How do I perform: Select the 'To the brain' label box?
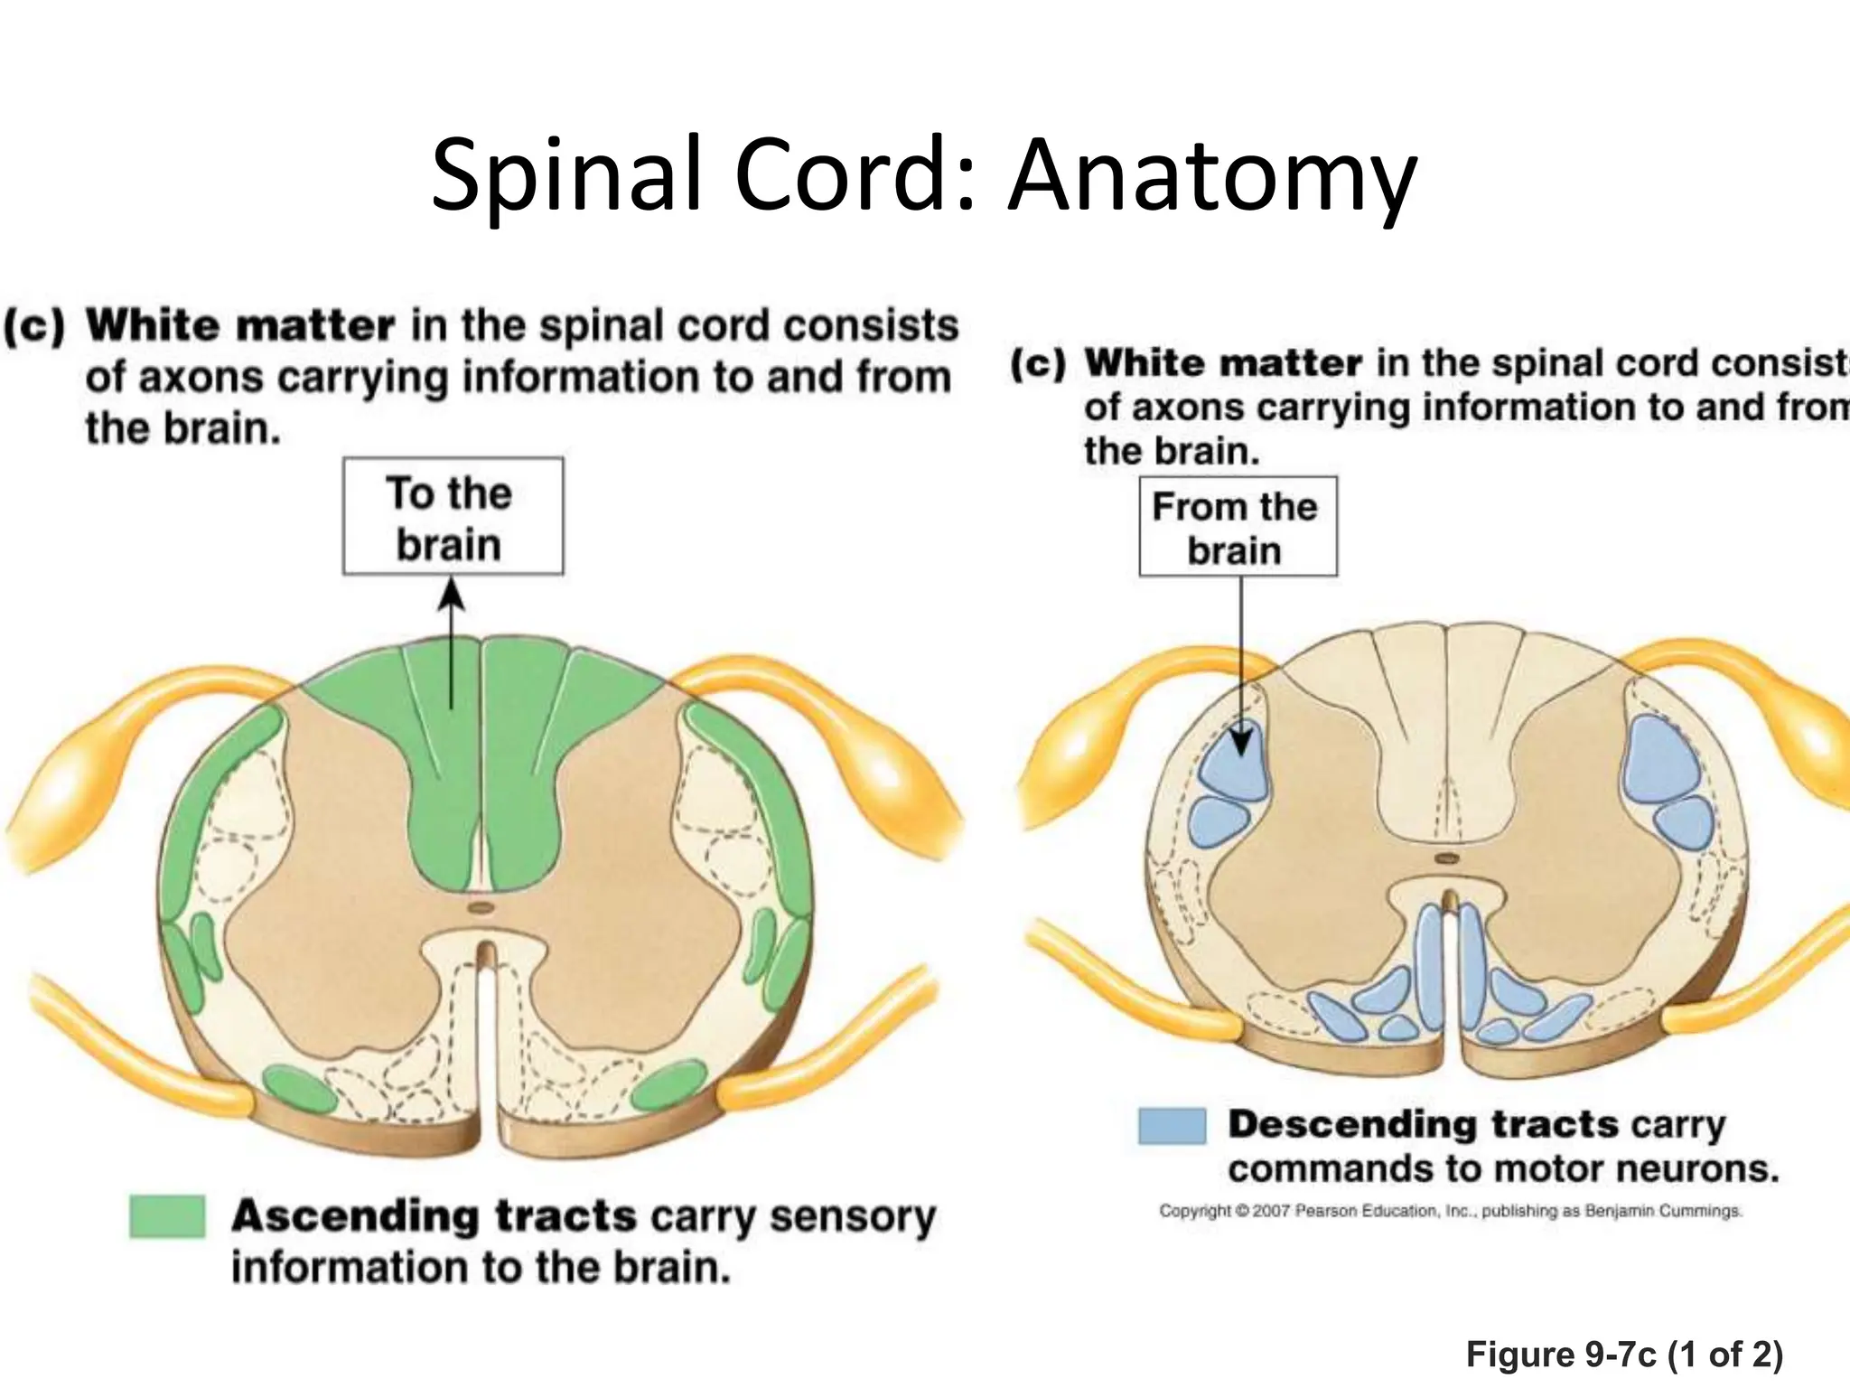point(453,516)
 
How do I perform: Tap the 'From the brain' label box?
point(1237,527)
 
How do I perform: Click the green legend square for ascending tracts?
point(167,1215)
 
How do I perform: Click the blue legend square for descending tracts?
point(1172,1126)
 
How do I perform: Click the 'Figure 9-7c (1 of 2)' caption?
point(1623,1354)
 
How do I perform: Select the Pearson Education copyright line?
point(1449,1210)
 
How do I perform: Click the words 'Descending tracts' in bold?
point(1423,1125)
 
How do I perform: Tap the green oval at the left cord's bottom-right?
point(669,1088)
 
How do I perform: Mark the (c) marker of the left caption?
point(34,326)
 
